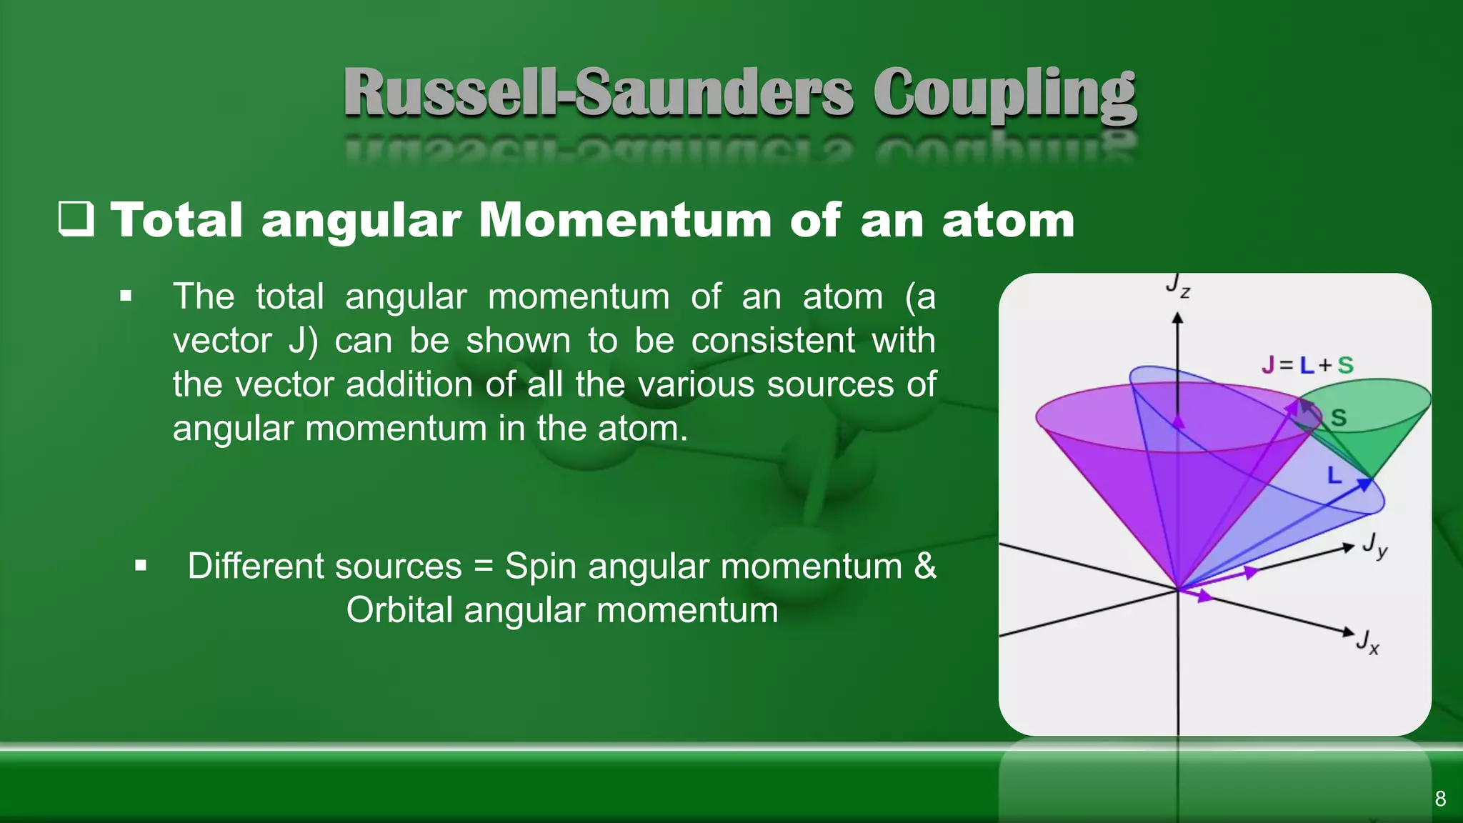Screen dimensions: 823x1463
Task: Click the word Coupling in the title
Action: (x=1004, y=94)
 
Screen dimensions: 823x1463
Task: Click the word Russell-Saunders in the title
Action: (x=599, y=93)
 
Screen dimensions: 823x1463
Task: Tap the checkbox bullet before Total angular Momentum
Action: (x=76, y=219)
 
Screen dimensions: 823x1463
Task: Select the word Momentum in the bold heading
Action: (x=625, y=219)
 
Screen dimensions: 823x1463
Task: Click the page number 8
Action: (x=1440, y=799)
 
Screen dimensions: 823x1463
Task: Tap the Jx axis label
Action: (x=1367, y=641)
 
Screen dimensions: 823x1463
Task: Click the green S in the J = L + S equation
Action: (x=1345, y=365)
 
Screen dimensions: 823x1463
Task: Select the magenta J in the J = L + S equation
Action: (x=1268, y=365)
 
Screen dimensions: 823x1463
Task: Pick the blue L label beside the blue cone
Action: (x=1334, y=475)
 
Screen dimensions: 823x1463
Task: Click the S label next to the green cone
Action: (x=1339, y=418)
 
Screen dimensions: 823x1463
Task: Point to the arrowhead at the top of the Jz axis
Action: (x=1178, y=319)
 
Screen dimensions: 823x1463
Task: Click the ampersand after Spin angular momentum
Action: (x=925, y=566)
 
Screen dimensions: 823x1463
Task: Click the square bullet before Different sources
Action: (x=141, y=567)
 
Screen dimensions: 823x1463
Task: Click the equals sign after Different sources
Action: (x=484, y=567)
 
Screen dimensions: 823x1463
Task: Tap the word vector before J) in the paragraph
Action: (x=222, y=340)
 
